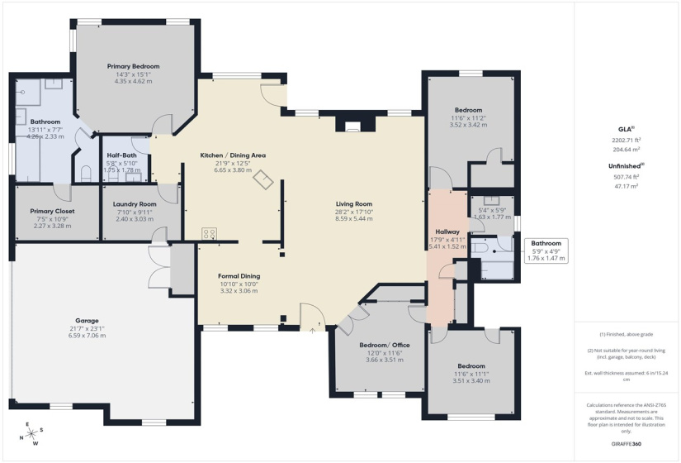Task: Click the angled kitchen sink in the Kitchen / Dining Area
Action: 263,179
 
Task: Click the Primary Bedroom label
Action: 133,66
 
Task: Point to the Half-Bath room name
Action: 121,155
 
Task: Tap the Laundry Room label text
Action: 135,203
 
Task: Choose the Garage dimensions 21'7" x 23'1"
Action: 87,328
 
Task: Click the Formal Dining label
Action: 239,276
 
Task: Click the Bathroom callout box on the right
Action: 546,251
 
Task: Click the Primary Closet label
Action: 48,211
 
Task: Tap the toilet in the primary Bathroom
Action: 87,173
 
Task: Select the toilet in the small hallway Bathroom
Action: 481,246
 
